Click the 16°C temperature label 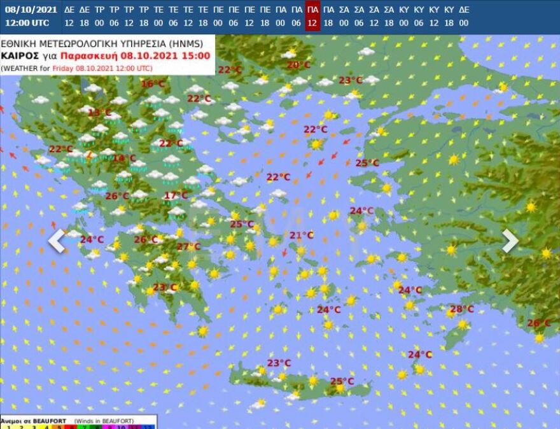(x=153, y=84)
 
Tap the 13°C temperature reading (x=99, y=113)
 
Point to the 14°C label (x=124, y=158)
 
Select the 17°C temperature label (x=176, y=195)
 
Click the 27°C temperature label (x=188, y=247)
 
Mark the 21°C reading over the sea (x=302, y=236)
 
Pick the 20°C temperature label (x=298, y=65)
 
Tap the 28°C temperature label (x=462, y=309)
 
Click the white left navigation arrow (x=57, y=241)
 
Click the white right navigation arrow (x=510, y=241)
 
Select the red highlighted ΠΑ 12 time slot (x=312, y=16)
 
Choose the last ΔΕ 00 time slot (x=464, y=16)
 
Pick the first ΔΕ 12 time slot (x=69, y=16)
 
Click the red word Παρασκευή (x=81, y=56)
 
